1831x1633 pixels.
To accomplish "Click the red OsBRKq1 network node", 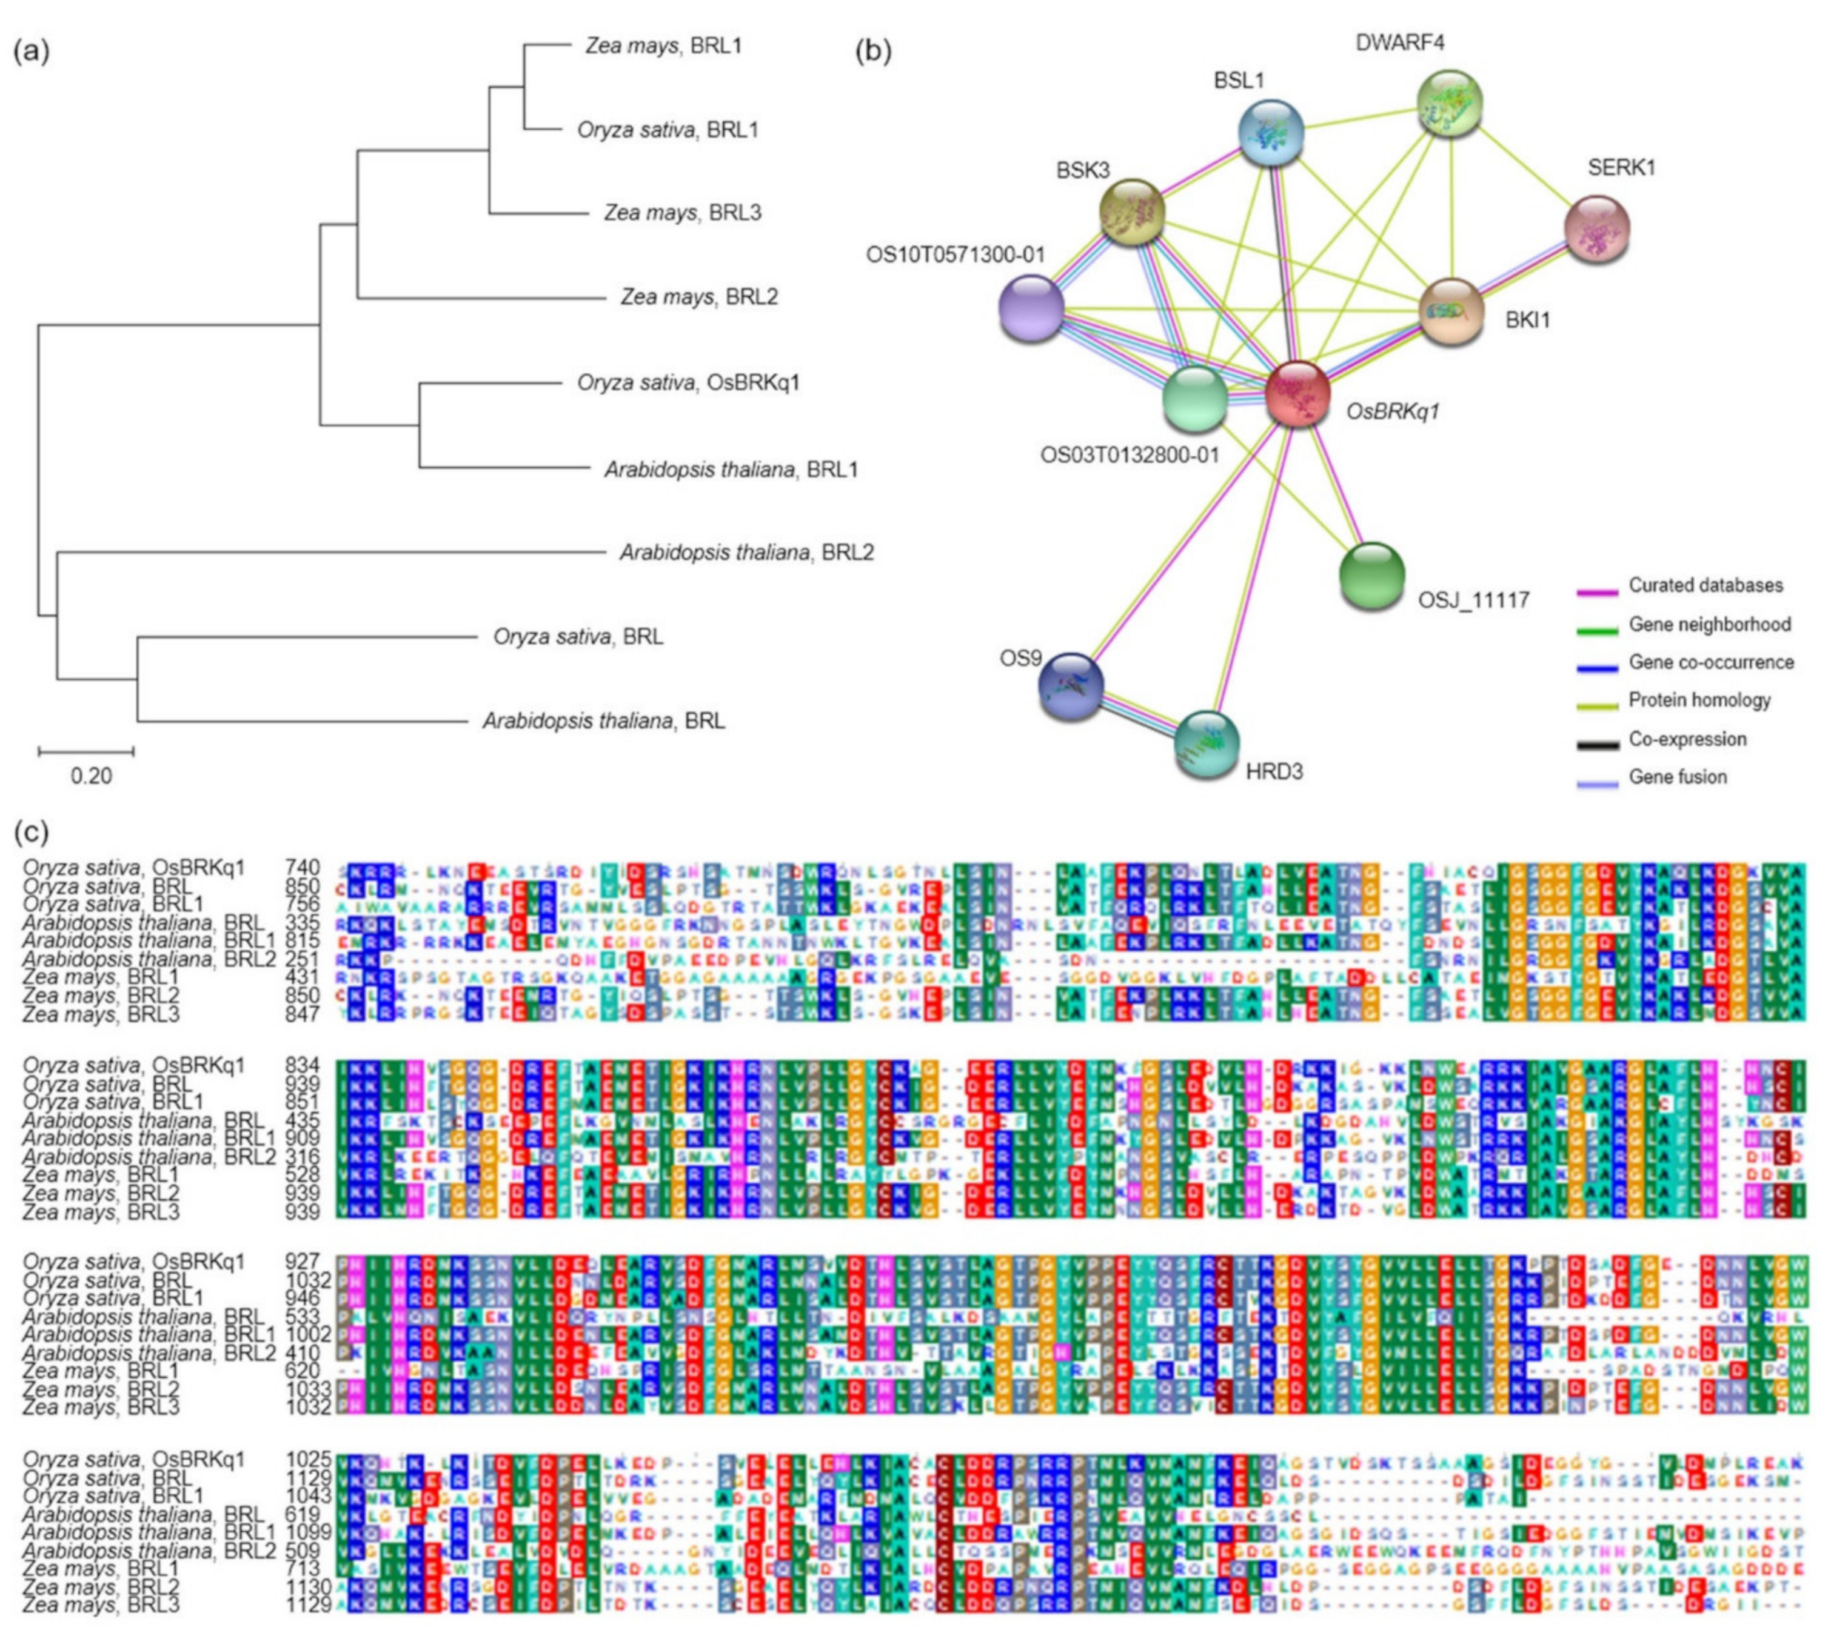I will pyautogui.click(x=1297, y=394).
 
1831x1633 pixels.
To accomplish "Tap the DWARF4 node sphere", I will pyautogui.click(x=1448, y=104).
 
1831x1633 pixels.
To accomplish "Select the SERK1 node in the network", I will pyautogui.click(x=1596, y=230).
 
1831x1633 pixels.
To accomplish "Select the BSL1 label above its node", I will pyautogui.click(x=1239, y=81).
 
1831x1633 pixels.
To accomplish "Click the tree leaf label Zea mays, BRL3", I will pyautogui.click(x=682, y=213).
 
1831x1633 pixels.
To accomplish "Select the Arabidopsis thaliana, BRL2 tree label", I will pyautogui.click(x=746, y=553).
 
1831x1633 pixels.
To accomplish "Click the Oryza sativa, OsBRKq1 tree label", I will pyautogui.click(x=688, y=383).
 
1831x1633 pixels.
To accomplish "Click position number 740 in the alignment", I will pyautogui.click(x=303, y=868).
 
